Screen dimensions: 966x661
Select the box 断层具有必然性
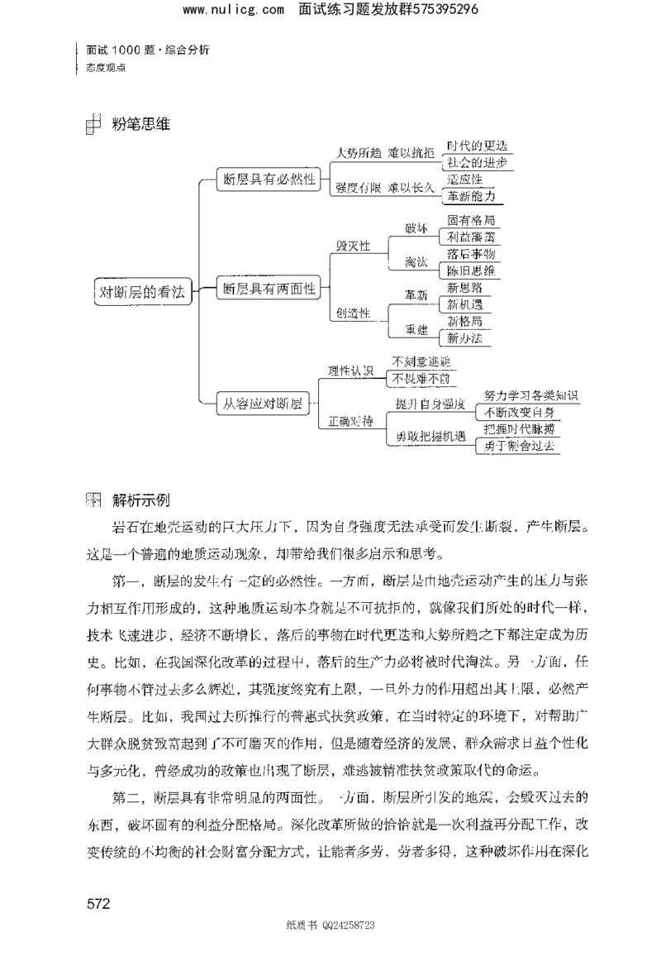point(269,179)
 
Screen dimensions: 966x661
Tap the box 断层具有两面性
point(269,289)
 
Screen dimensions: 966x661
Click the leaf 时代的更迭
point(476,146)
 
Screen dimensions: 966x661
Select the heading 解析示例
point(140,499)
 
